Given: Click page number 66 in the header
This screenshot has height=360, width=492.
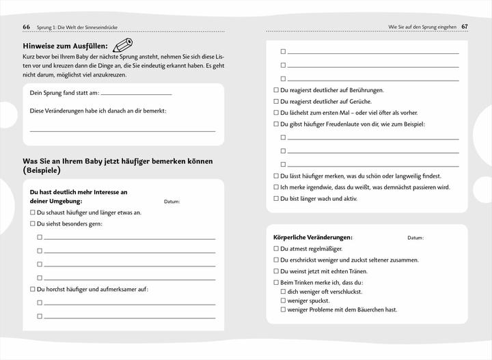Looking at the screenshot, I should click(26, 27).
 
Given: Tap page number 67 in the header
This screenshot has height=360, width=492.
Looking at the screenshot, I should click(465, 27).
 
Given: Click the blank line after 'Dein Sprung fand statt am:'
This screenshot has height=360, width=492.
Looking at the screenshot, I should click(136, 92).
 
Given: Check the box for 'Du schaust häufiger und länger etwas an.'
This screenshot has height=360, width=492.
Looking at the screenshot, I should click(32, 212).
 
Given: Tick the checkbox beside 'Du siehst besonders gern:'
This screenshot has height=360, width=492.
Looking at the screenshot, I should click(32, 224).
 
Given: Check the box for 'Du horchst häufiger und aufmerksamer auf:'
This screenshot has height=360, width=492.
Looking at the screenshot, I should click(32, 289).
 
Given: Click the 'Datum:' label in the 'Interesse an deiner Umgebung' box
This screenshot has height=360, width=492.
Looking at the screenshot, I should click(172, 202).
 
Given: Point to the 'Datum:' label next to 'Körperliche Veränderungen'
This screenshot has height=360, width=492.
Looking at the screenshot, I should click(415, 238).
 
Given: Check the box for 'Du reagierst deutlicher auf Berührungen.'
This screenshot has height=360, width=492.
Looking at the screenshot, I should click(276, 90).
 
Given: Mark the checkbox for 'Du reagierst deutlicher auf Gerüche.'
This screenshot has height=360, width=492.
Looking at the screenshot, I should click(276, 101).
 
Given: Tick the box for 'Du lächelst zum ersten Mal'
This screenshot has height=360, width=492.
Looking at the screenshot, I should click(276, 113).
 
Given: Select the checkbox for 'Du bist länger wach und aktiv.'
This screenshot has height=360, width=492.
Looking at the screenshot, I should click(276, 199).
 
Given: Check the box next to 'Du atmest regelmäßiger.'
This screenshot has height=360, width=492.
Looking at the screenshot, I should click(276, 249).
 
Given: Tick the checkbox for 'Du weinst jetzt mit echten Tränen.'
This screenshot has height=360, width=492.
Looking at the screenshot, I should click(276, 271).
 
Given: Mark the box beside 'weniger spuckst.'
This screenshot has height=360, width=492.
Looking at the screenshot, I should click(283, 301).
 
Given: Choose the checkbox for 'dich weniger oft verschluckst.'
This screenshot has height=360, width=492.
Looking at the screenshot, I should click(283, 291).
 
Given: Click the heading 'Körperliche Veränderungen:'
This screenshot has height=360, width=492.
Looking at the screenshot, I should click(313, 237).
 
